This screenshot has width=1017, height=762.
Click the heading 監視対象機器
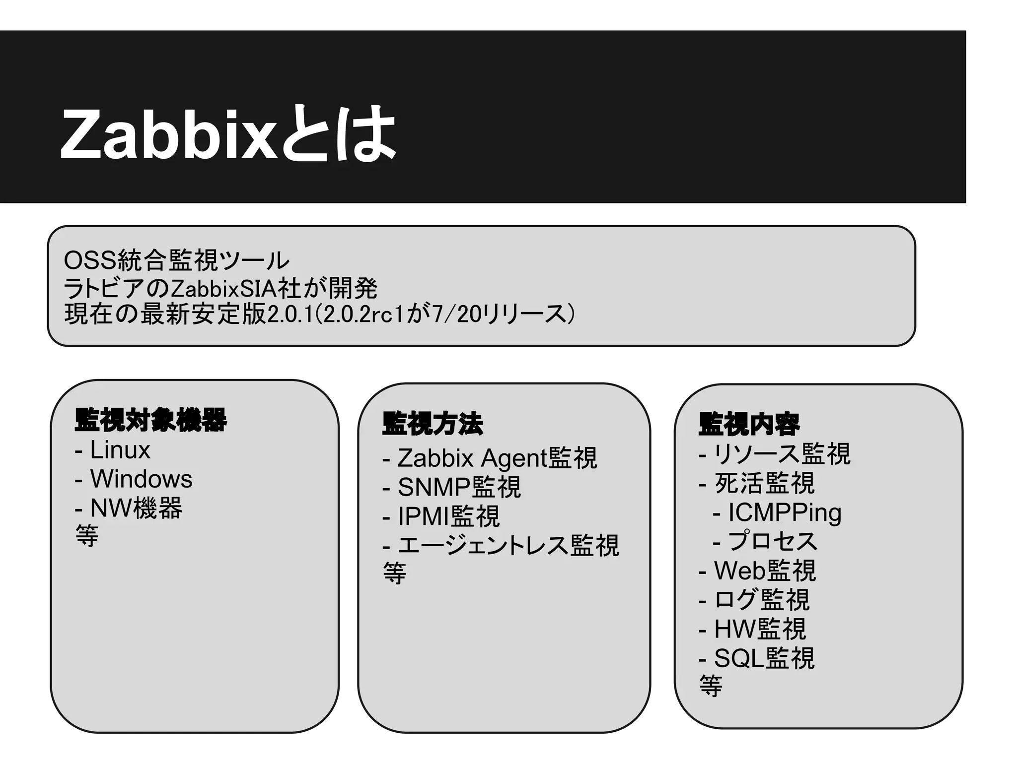150,420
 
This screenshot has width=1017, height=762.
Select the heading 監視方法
432,424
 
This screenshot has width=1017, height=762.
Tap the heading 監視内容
749,424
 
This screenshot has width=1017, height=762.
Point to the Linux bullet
119,450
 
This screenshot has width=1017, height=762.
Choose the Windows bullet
141,479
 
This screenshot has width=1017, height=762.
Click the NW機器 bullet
136,508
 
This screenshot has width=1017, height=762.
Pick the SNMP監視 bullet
459,487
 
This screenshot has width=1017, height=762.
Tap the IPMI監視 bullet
448,516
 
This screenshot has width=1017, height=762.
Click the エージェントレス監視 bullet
508,546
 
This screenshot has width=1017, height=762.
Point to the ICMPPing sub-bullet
784,512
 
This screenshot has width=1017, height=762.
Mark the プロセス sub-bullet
772,541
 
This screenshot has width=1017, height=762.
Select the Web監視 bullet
765,571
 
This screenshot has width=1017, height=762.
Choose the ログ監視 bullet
762,600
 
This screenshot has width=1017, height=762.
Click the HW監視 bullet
760,629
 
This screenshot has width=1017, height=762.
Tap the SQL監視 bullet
764,658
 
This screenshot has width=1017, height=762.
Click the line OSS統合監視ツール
176,260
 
